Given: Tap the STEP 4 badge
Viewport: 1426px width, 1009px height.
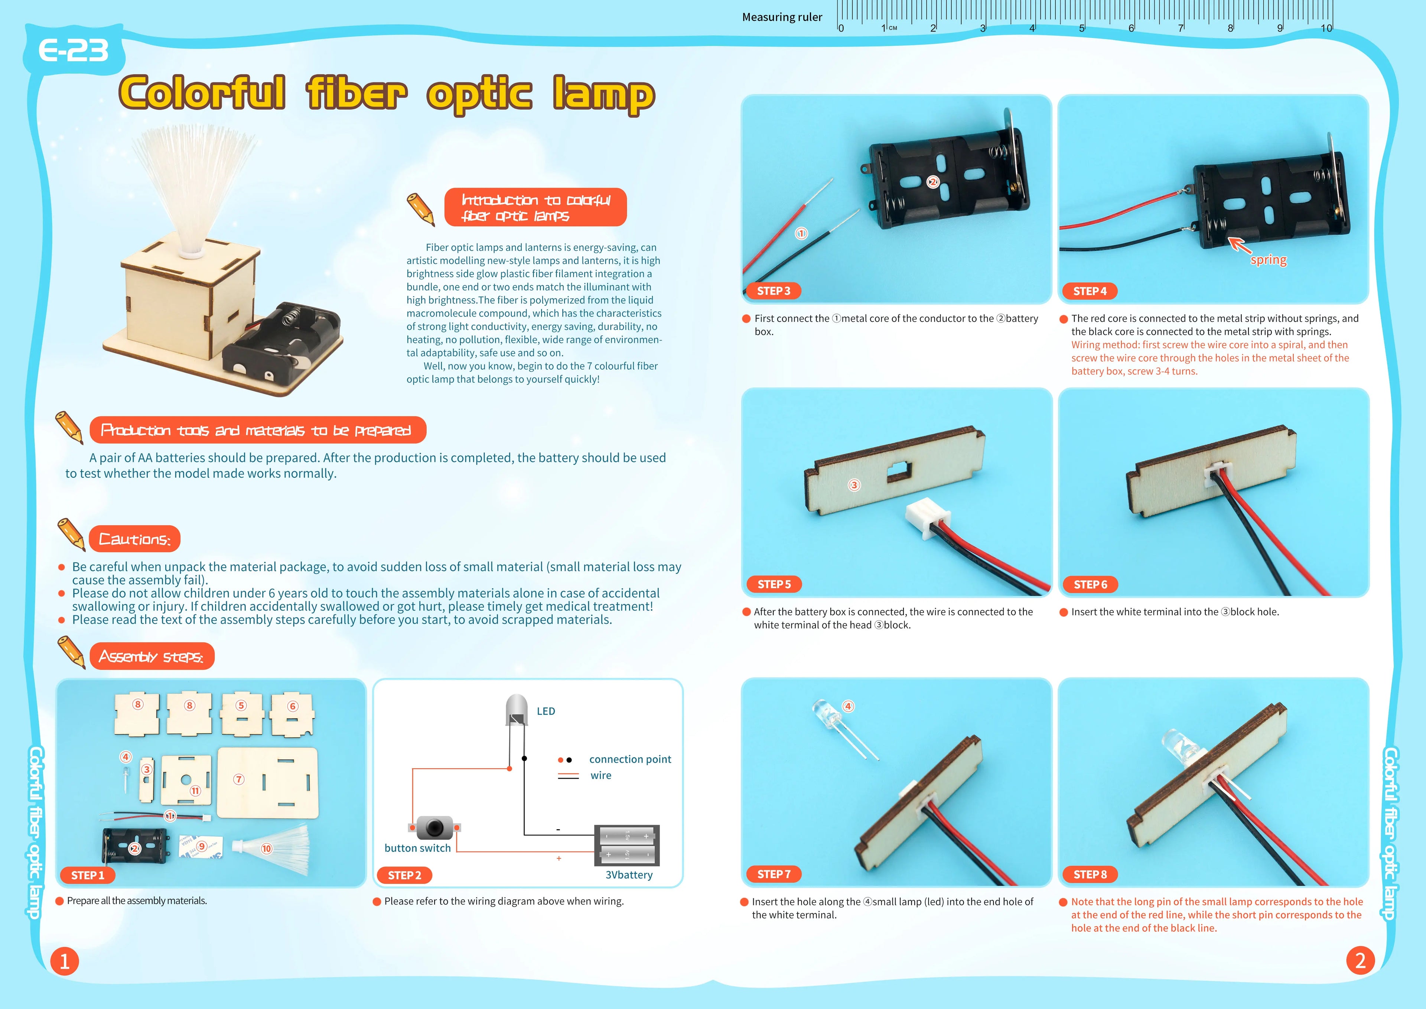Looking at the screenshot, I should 1090,291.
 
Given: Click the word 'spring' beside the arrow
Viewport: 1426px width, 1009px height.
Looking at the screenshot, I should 1268,260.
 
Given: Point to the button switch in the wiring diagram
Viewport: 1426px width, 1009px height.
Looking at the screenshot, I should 434,828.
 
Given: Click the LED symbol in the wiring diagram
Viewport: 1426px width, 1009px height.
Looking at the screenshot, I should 517,710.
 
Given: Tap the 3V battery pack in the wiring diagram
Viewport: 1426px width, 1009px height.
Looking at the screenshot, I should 627,846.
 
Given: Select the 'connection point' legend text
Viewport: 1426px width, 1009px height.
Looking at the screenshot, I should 630,759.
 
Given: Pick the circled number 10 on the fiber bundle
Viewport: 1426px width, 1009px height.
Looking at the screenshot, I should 266,849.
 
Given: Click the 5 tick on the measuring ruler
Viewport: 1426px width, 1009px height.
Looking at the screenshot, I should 1082,27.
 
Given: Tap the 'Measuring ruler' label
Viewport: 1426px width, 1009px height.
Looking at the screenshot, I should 782,17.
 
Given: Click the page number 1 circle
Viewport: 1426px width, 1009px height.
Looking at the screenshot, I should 65,961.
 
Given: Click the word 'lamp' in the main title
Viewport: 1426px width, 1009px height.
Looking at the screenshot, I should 604,94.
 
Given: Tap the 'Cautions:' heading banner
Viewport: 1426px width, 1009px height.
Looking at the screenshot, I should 135,539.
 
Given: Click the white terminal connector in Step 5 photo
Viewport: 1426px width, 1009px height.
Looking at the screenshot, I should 927,517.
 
